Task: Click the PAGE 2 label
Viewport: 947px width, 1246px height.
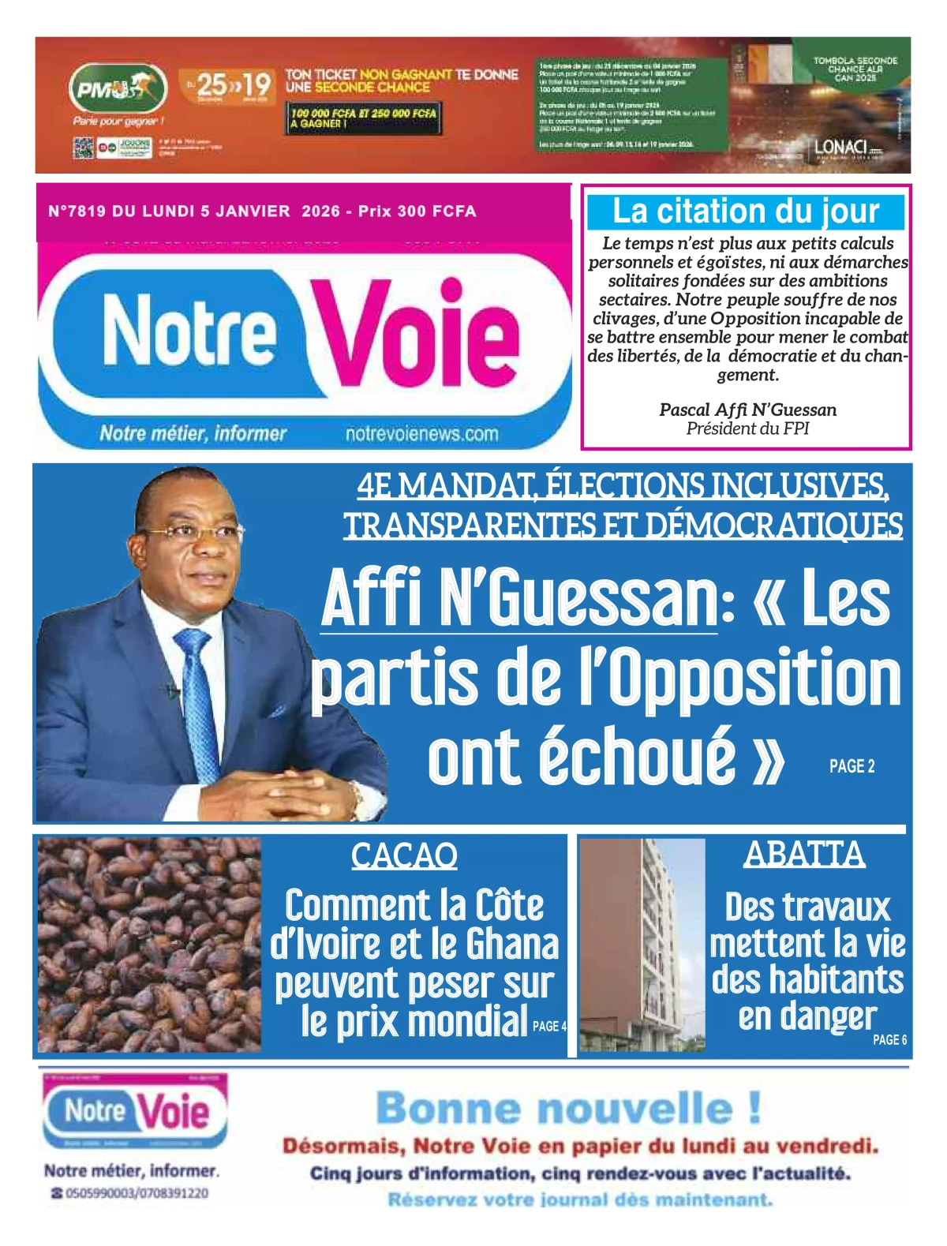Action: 852,766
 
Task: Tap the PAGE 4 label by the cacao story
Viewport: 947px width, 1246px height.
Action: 549,1027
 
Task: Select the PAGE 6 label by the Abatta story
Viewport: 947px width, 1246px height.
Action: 889,1040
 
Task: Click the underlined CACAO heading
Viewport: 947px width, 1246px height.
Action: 404,855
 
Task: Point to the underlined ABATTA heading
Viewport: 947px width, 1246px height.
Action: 804,854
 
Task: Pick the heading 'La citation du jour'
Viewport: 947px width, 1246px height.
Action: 745,211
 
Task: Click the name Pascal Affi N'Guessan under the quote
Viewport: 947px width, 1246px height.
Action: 747,410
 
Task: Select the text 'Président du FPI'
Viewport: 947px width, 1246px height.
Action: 747,428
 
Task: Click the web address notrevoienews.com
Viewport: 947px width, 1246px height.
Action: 421,434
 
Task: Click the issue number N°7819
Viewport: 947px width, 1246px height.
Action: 77,211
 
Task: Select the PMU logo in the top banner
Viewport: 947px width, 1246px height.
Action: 118,88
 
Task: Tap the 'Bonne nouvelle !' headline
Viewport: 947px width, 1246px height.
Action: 568,1109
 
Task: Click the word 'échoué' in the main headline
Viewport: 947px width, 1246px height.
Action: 582,758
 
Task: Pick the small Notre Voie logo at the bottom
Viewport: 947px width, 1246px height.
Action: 135,1112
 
